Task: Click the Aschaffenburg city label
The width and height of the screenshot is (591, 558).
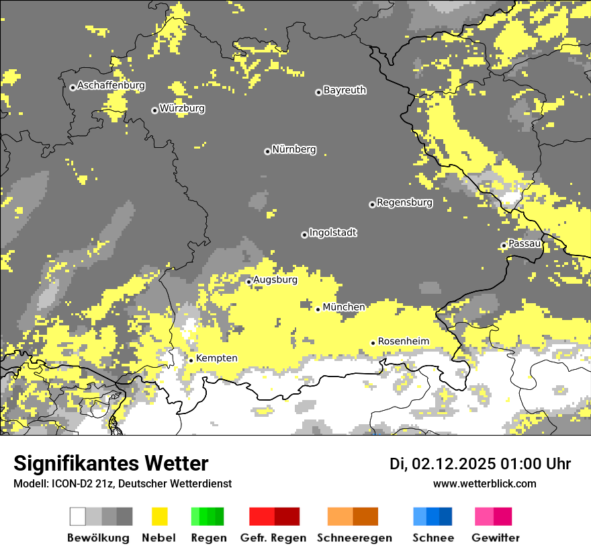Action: point(111,86)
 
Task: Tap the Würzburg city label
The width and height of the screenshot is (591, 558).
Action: point(182,108)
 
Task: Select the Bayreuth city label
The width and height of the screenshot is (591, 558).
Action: point(345,90)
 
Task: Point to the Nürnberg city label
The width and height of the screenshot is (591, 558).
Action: point(294,149)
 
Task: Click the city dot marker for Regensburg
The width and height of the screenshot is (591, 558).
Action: point(372,204)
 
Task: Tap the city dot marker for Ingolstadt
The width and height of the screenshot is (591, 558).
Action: point(304,235)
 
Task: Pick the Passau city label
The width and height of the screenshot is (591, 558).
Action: point(525,243)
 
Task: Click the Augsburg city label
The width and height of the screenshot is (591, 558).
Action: point(275,280)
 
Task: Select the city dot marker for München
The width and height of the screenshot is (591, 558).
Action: point(318,309)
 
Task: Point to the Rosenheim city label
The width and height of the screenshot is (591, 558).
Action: point(403,342)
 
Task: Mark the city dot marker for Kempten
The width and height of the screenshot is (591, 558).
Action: point(191,360)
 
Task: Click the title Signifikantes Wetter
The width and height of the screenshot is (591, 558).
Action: point(111,464)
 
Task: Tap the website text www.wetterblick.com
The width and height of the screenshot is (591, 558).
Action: point(485,483)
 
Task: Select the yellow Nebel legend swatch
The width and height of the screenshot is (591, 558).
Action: point(159,516)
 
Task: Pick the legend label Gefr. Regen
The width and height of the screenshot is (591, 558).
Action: point(274,538)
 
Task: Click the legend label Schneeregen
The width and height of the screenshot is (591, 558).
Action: point(355,538)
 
